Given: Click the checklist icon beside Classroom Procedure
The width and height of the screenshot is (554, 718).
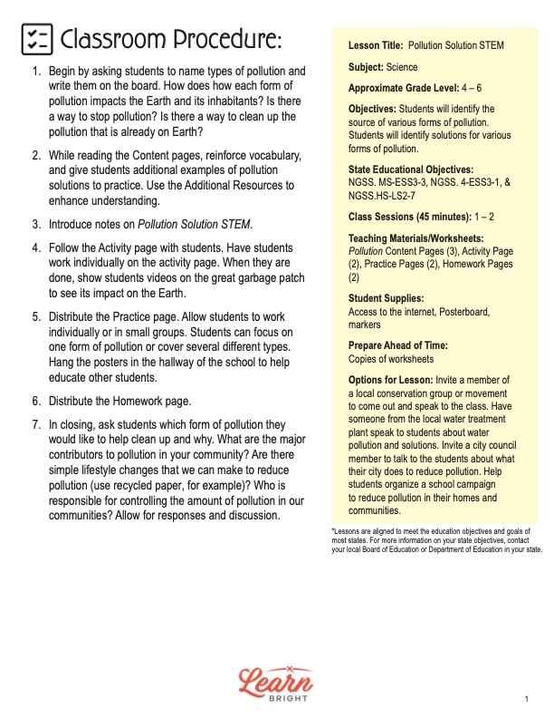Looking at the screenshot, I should tap(35, 40).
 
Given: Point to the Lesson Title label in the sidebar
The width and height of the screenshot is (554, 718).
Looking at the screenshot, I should tap(376, 44).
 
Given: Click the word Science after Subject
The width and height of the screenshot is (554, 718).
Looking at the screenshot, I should tap(402, 67).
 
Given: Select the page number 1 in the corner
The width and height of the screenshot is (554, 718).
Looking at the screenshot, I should tap(526, 699).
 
